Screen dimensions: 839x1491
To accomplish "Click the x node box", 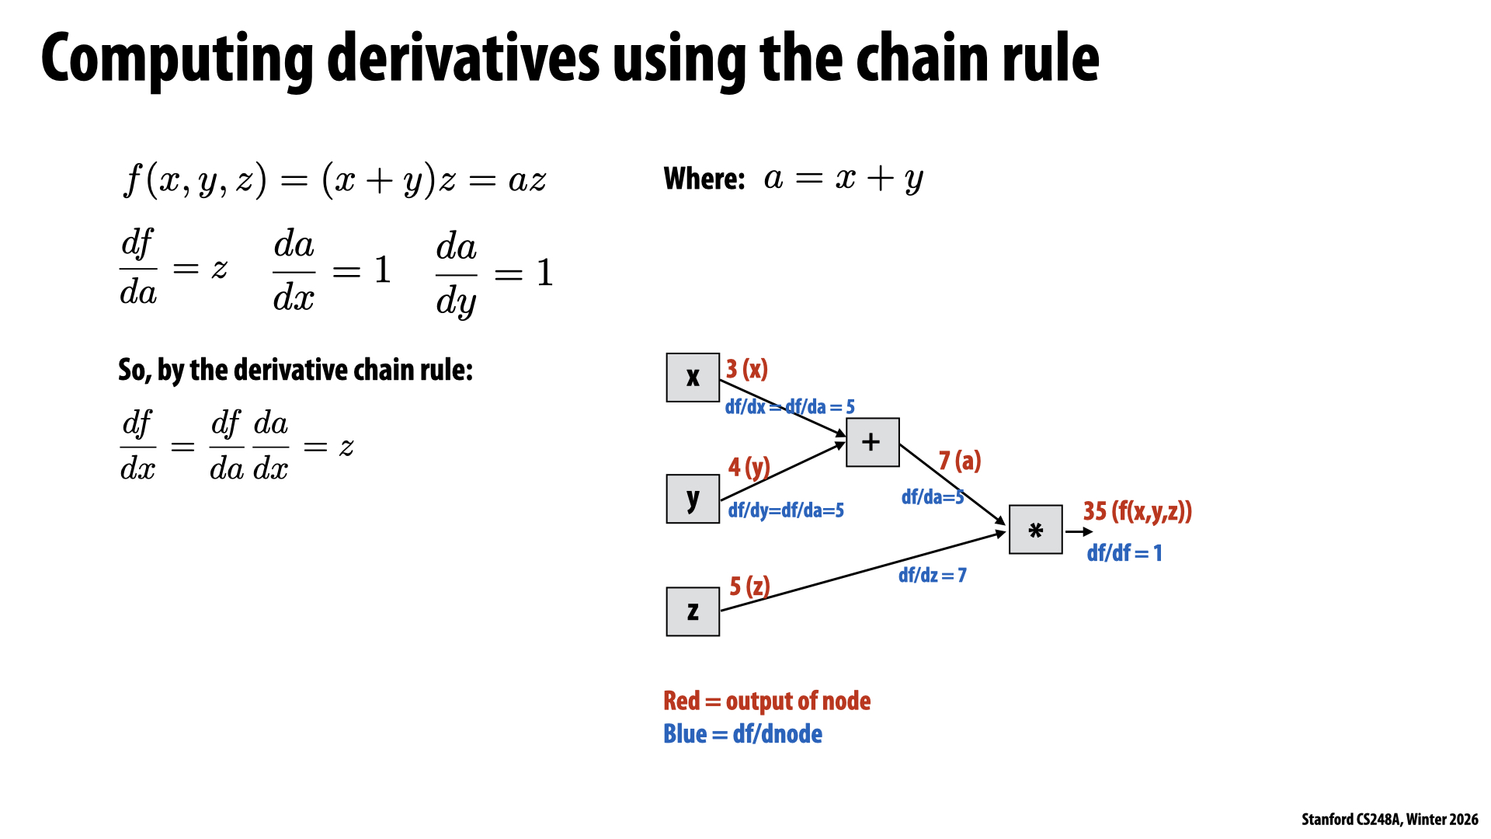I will coord(693,378).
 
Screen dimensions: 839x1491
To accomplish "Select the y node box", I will coord(693,499).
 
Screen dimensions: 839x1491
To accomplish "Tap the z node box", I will coord(693,611).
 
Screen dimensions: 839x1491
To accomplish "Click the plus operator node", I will coord(872,442).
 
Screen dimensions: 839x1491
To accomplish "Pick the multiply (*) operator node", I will coord(1035,530).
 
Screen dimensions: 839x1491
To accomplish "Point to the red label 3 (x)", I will coord(746,369).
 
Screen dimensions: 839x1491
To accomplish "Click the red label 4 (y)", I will coord(749,467).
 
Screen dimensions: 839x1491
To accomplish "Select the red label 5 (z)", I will coord(749,586).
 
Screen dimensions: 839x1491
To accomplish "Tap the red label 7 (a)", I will coord(960,461).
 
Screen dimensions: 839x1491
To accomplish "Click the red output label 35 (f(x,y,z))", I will coord(1137,511).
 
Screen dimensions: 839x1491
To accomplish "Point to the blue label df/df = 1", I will coord(1124,553).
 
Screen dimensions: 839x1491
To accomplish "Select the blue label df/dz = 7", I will coord(932,575).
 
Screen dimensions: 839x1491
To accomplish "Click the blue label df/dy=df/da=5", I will coord(786,510).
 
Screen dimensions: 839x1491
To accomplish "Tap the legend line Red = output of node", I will coord(766,701).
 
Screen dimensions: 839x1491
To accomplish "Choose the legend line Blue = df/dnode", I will coord(742,734).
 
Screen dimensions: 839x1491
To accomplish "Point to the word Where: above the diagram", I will coord(704,179).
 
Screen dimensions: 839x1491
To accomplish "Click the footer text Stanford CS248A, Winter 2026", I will coord(1389,820).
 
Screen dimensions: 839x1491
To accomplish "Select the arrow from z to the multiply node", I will coord(862,571).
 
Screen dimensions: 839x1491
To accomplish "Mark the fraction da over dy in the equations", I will coord(457,274).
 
